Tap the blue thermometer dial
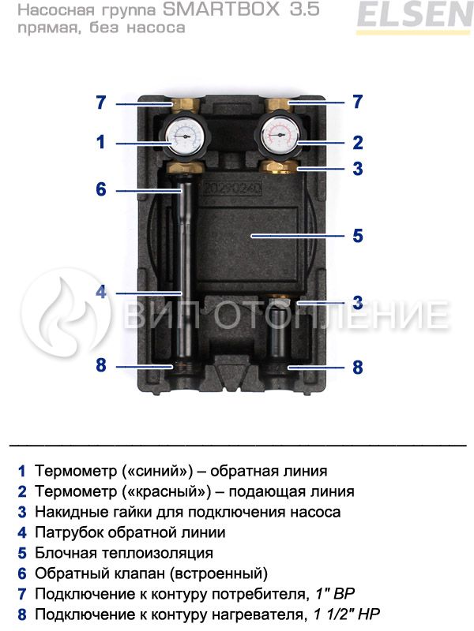coord(186,136)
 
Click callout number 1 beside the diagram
coord(100,142)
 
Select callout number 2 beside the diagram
coord(358,143)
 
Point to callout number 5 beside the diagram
coord(358,235)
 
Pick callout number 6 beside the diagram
coord(101,189)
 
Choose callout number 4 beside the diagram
coord(101,292)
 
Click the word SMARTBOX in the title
coord(221,9)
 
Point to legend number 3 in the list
coord(22,512)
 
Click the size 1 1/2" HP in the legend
coord(347,614)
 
